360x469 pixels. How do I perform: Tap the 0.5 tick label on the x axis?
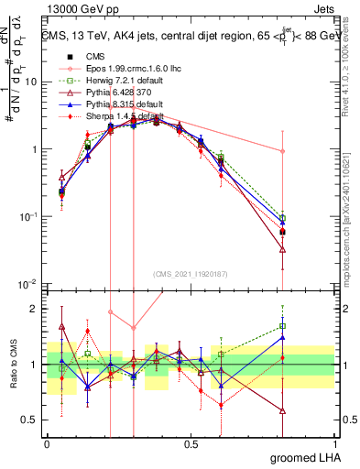[191, 444]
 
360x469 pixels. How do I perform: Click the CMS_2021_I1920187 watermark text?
[191, 272]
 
